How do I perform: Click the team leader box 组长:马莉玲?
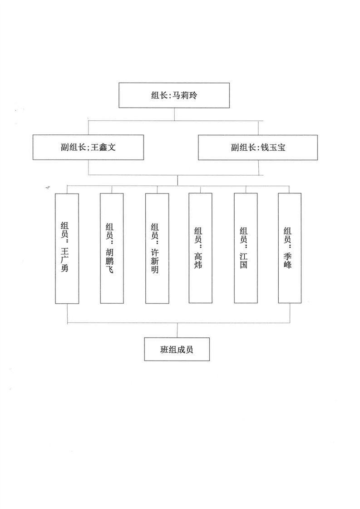pyautogui.click(x=174, y=95)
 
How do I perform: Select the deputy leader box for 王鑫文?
pyautogui.click(x=88, y=148)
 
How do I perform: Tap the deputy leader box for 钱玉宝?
pyautogui.click(x=258, y=148)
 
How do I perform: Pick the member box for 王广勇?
pyautogui.click(x=67, y=249)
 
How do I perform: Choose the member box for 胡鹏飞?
pyautogui.click(x=112, y=248)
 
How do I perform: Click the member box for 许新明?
pyautogui.click(x=157, y=248)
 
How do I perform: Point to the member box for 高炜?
pyautogui.click(x=201, y=248)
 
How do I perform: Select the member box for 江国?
pyautogui.click(x=246, y=248)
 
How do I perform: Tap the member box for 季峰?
pyautogui.click(x=290, y=248)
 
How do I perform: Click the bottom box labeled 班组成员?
pyautogui.click(x=177, y=349)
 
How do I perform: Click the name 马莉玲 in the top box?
pyautogui.click(x=185, y=95)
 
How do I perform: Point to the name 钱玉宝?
pyautogui.click(x=273, y=148)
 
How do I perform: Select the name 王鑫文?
pyautogui.click(x=103, y=147)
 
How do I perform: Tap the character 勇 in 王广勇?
pyautogui.click(x=64, y=268)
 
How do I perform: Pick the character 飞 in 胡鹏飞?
pyautogui.click(x=110, y=269)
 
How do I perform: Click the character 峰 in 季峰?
pyautogui.click(x=288, y=265)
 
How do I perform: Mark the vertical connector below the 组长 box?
pyautogui.click(x=174, y=114)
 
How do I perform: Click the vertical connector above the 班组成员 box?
pyautogui.click(x=177, y=331)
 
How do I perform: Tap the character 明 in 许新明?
pyautogui.click(x=155, y=269)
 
